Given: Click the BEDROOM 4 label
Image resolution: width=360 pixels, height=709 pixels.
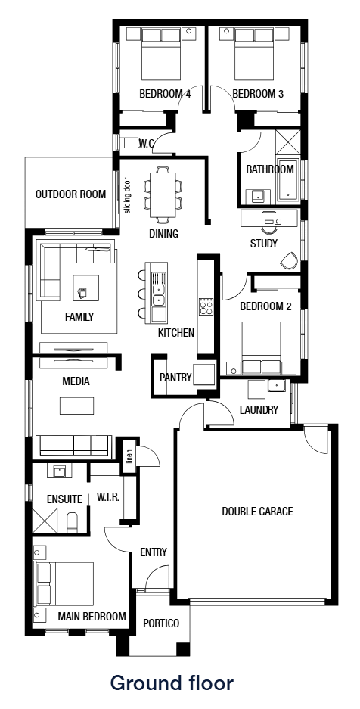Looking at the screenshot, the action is click(x=165, y=94).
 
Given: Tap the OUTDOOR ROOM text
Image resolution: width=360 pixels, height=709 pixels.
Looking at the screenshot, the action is click(x=71, y=194).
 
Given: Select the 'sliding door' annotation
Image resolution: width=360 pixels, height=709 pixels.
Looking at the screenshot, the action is click(x=127, y=195).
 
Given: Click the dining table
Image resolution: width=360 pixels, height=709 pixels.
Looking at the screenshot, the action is click(x=163, y=194).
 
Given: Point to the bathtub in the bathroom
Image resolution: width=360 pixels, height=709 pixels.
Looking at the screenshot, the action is click(x=287, y=180).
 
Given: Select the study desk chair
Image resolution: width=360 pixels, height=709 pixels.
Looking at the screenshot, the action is click(x=287, y=260).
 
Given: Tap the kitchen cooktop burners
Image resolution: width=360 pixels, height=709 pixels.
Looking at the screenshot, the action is click(x=206, y=307).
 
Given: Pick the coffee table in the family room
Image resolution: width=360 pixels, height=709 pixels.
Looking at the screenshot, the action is click(x=85, y=288).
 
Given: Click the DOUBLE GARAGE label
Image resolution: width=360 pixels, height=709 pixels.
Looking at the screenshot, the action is click(x=257, y=512).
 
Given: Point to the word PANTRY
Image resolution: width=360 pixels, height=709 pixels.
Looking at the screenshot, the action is click(x=175, y=377).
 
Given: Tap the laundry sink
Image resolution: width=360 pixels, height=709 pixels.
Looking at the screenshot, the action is click(x=276, y=386).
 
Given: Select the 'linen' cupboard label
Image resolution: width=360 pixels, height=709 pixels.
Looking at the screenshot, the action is click(x=129, y=456).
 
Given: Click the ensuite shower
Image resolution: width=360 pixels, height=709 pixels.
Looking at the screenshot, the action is click(x=45, y=521).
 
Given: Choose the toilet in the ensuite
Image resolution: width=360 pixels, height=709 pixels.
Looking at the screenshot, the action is click(x=73, y=523).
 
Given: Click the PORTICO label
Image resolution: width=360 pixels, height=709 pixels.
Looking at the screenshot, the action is click(x=161, y=623).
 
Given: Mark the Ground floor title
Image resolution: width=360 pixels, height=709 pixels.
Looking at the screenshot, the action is click(x=172, y=683).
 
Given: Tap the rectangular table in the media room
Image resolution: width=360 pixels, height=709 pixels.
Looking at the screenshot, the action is click(x=77, y=405).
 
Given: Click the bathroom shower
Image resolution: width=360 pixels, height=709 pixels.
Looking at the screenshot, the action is click(x=287, y=142).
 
